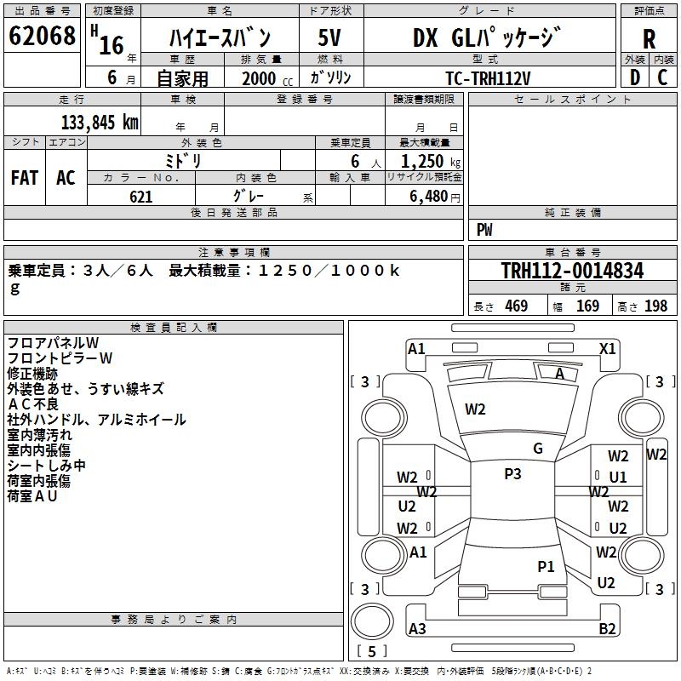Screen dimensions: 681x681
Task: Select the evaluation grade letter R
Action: coord(649,38)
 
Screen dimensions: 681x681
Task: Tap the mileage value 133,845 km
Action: coord(100,122)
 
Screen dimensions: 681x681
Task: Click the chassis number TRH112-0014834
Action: coord(572,272)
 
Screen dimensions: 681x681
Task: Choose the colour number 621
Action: coord(141,197)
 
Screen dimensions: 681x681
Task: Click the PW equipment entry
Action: coord(484,230)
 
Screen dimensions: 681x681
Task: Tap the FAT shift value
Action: coord(24,177)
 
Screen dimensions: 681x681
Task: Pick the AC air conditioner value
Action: coord(66,177)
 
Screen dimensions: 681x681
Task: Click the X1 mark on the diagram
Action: coord(607,348)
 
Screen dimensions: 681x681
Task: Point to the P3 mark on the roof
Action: coord(512,474)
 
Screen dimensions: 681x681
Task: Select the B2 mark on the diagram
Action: coord(607,629)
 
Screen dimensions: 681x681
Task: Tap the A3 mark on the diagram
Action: coord(417,629)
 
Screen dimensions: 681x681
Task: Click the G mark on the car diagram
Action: coord(537,449)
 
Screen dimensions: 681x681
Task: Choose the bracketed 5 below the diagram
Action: coord(372,652)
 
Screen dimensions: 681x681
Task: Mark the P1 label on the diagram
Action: coord(546,566)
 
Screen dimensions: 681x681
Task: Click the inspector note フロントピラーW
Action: coord(60,358)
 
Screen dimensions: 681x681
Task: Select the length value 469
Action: coord(516,306)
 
